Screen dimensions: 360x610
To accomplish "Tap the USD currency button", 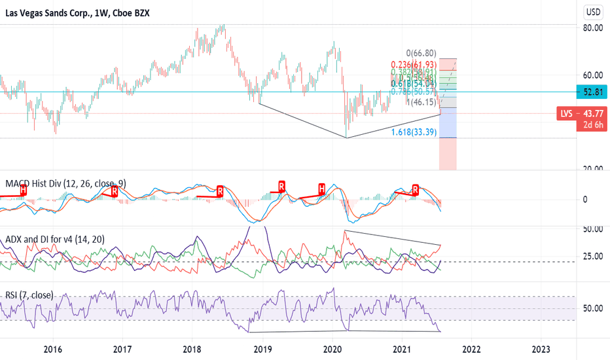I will click(x=594, y=11).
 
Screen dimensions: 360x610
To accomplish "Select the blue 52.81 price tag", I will click(x=593, y=92).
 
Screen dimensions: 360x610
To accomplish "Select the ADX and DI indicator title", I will click(x=55, y=240).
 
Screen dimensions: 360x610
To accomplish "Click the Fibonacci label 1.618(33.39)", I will click(x=414, y=132).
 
